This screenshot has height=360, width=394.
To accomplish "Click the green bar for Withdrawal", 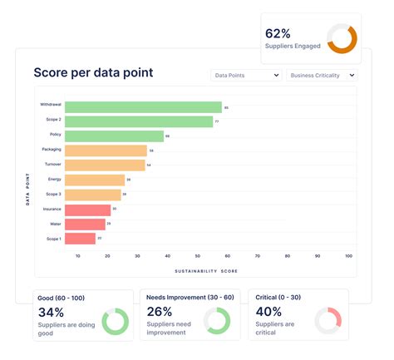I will (143, 107).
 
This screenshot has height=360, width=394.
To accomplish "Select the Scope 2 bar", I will (139, 121).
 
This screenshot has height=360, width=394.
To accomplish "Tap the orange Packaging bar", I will (106, 150).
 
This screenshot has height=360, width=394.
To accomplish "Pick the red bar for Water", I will (85, 224).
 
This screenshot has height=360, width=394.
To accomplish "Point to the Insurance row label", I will (52, 210).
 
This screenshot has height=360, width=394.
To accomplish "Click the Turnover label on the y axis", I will (52, 165).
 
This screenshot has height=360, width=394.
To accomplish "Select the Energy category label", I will (53, 180).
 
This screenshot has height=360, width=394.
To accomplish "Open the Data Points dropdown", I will (245, 75).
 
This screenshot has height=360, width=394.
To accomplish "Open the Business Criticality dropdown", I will (322, 75).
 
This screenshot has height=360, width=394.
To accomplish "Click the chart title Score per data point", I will (93, 72).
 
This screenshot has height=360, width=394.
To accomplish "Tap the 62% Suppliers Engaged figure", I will (278, 33).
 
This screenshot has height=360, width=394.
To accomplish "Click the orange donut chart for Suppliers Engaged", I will (342, 37).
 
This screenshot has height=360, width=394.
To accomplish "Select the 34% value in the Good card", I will (52, 313).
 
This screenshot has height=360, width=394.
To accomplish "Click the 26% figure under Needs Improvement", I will (160, 313).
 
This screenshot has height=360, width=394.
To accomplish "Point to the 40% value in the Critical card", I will (268, 313).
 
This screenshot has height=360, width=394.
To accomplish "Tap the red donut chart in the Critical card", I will (328, 321).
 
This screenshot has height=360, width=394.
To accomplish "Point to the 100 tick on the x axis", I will (348, 256).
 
